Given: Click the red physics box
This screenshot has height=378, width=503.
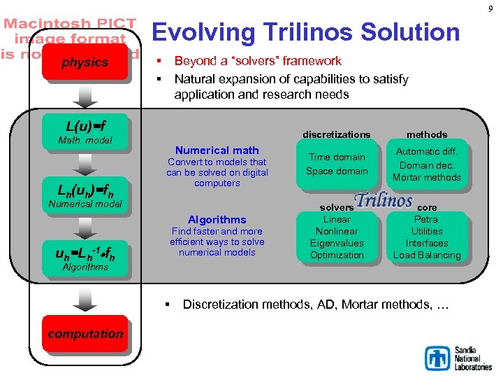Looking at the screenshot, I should pos(85,63).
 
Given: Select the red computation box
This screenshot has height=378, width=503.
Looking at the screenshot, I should pos(85,334).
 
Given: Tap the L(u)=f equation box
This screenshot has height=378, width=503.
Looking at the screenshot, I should pos(85,127).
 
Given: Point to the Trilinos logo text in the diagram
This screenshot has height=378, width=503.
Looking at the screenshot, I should pos(383,200).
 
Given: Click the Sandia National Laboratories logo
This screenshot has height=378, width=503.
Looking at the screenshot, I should pos(458,357).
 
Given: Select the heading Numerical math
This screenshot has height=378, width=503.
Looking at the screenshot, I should pos(217,150).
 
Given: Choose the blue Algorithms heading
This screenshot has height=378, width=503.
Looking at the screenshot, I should pos(217,219).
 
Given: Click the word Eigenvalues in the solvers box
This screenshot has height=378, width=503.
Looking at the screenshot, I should pos(337,243).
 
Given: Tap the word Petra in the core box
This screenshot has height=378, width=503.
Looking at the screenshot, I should pos(426,219).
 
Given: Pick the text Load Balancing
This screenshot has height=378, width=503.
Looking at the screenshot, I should pos(426,255).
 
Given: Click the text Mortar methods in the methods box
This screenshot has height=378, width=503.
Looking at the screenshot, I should pos(426,177).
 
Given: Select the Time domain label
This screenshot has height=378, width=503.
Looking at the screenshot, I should pos(337,157).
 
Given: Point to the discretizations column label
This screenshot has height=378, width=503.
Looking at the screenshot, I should pos(337,134).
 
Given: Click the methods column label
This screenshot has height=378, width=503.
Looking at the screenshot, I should pos(426,134).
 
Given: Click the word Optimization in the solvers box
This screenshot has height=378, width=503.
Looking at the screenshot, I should pos(337,255).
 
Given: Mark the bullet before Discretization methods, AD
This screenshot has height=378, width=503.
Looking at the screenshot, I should pos(168,304).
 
